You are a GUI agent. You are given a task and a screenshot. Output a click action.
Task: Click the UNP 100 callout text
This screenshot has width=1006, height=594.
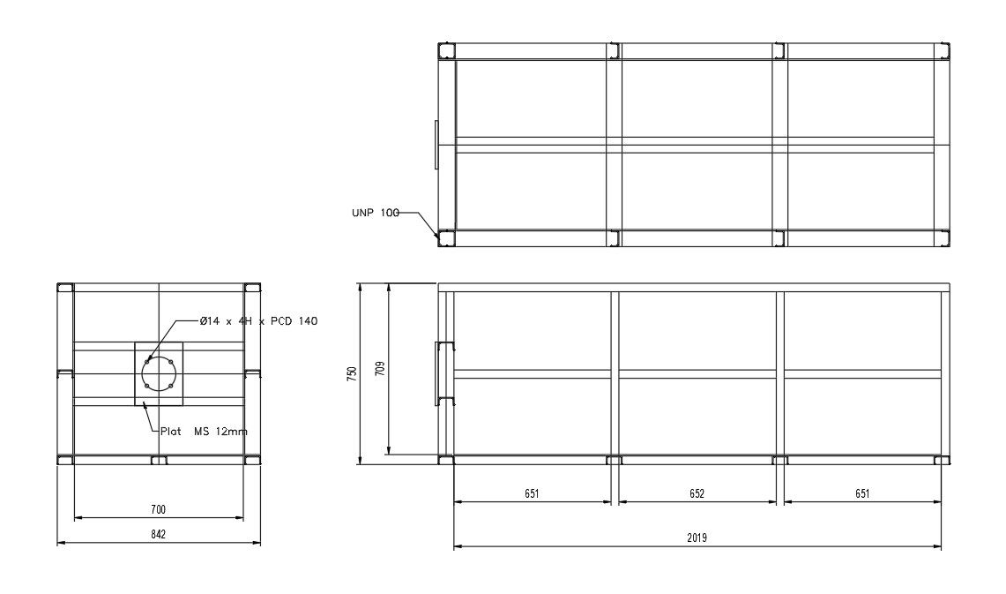coord(376,213)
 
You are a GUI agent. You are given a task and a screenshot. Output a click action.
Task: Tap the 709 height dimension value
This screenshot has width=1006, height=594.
coord(380,368)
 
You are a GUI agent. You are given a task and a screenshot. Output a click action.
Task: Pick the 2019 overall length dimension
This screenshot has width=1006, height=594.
coord(697,538)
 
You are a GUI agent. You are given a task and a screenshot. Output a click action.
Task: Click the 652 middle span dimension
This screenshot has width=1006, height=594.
coord(697,493)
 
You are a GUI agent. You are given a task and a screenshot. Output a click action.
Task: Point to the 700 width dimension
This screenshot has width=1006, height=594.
coord(159,509)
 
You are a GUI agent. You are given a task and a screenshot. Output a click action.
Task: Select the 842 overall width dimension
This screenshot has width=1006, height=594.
coord(159,534)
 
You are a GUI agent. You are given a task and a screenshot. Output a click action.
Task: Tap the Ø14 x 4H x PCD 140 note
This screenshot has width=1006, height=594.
coord(258,321)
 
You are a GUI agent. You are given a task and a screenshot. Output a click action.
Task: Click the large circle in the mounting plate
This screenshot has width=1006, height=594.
coord(160,374)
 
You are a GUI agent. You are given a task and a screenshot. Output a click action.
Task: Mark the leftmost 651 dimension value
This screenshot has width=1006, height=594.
coord(531,493)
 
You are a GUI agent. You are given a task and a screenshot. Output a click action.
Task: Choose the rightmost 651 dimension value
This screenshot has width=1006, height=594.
coord(862,493)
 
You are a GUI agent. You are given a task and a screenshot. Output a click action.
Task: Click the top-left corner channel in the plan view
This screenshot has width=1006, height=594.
coord(447,50)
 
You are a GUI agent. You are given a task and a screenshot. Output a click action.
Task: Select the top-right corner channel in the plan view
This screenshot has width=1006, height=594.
coord(943,50)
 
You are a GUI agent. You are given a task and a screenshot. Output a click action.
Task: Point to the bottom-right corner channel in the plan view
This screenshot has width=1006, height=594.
coord(943,238)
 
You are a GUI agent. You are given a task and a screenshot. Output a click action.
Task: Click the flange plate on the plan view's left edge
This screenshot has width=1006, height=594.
coord(436,145)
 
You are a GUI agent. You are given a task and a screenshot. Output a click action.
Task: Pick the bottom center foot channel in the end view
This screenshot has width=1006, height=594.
coord(159,461)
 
